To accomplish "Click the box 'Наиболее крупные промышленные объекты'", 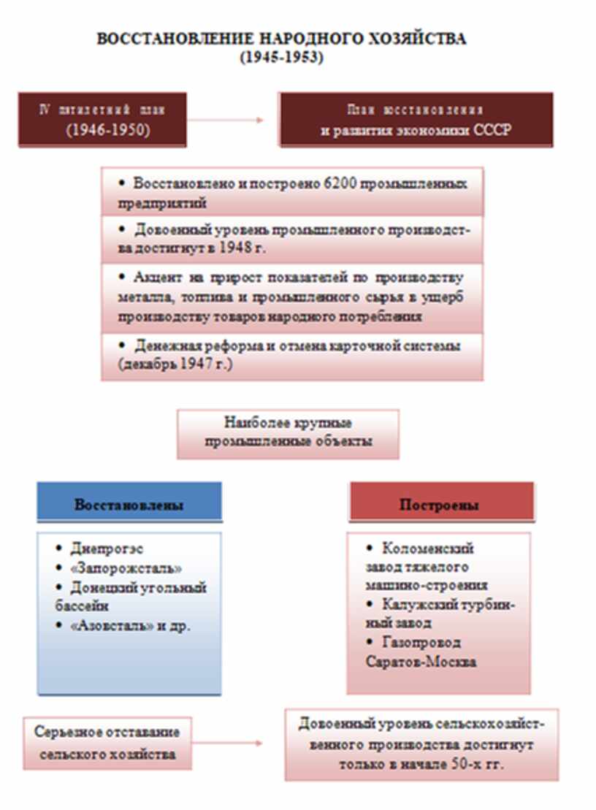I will pos(288,433).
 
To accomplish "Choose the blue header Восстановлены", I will pos(129,505).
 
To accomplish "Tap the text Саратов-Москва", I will pos(412,662).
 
